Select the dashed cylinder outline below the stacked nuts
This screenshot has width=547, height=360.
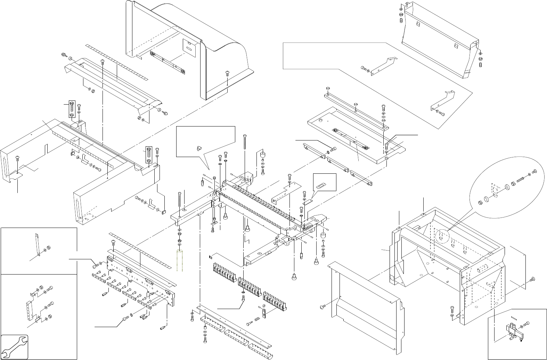[180, 260]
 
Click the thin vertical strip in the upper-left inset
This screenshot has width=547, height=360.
[38, 245]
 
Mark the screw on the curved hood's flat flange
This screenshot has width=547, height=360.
[227, 73]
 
